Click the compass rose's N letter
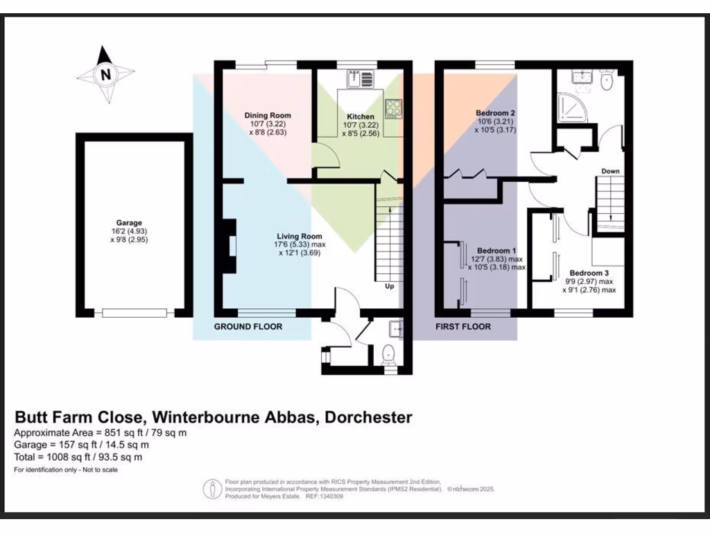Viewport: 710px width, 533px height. pyautogui.click(x=105, y=74)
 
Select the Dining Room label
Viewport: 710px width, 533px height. pyautogui.click(x=267, y=115)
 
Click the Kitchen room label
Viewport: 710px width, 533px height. pyautogui.click(x=361, y=117)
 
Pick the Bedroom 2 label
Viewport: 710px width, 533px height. pyautogui.click(x=495, y=112)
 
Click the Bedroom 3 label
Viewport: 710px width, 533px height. pyautogui.click(x=589, y=273)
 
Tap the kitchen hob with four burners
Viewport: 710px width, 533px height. pyautogui.click(x=394, y=108)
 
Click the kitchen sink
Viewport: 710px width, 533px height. pyautogui.click(x=361, y=78)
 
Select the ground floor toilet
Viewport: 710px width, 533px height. pyautogui.click(x=389, y=354)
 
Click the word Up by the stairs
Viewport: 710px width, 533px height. pyautogui.click(x=389, y=285)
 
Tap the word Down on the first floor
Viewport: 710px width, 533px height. pyautogui.click(x=610, y=171)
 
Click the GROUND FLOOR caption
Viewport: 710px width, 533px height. pyautogui.click(x=248, y=326)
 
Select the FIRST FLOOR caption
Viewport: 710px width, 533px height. pyautogui.click(x=463, y=326)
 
